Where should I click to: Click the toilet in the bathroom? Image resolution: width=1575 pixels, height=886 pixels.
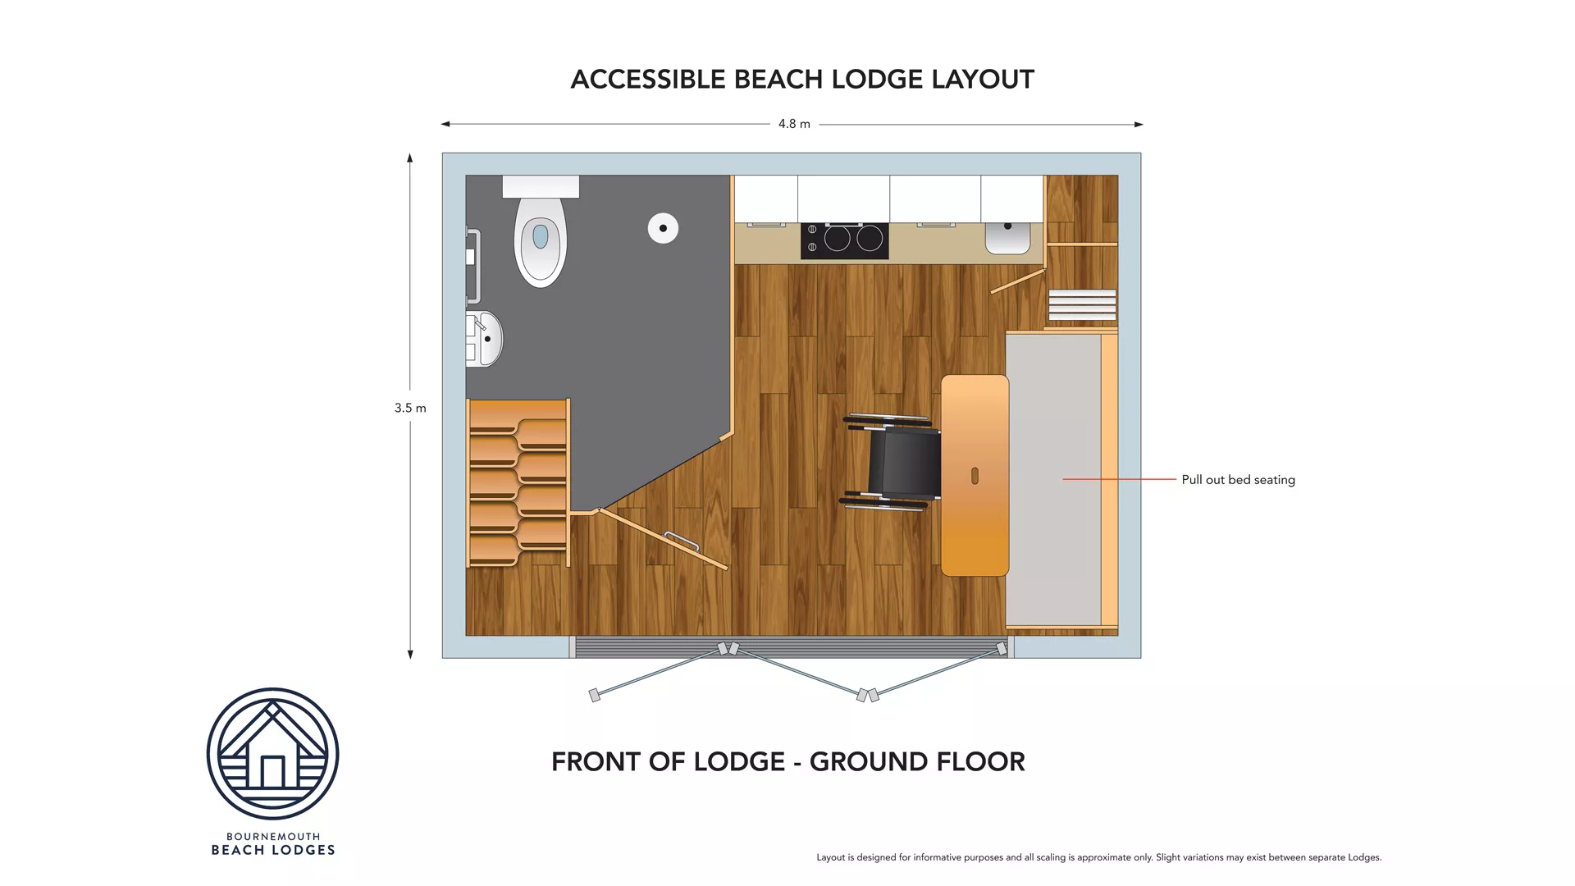pos(540,238)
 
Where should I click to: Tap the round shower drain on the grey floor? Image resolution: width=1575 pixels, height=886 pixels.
pos(663,228)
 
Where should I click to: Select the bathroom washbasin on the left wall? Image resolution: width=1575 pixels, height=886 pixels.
pos(486,338)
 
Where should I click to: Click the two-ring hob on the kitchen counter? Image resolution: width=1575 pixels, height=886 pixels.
pos(845,240)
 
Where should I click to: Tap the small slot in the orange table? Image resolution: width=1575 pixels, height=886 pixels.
pos(975,476)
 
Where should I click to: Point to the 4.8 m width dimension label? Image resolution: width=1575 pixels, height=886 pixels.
pos(794,124)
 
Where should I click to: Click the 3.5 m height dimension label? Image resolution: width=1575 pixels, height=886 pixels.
pos(410,408)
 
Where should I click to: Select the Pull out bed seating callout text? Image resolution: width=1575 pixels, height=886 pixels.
pos(1238,480)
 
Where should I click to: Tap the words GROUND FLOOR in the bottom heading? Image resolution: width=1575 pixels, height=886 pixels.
pos(917,762)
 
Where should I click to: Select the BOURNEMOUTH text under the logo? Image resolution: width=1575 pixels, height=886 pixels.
pos(273,837)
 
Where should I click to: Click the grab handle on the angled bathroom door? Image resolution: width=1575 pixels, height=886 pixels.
pos(681,541)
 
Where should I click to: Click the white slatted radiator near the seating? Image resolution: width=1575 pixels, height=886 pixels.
pos(1082,304)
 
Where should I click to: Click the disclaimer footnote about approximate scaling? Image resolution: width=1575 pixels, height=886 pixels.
pos(1098,857)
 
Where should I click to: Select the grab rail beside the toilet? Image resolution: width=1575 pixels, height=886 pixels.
pos(472,267)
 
